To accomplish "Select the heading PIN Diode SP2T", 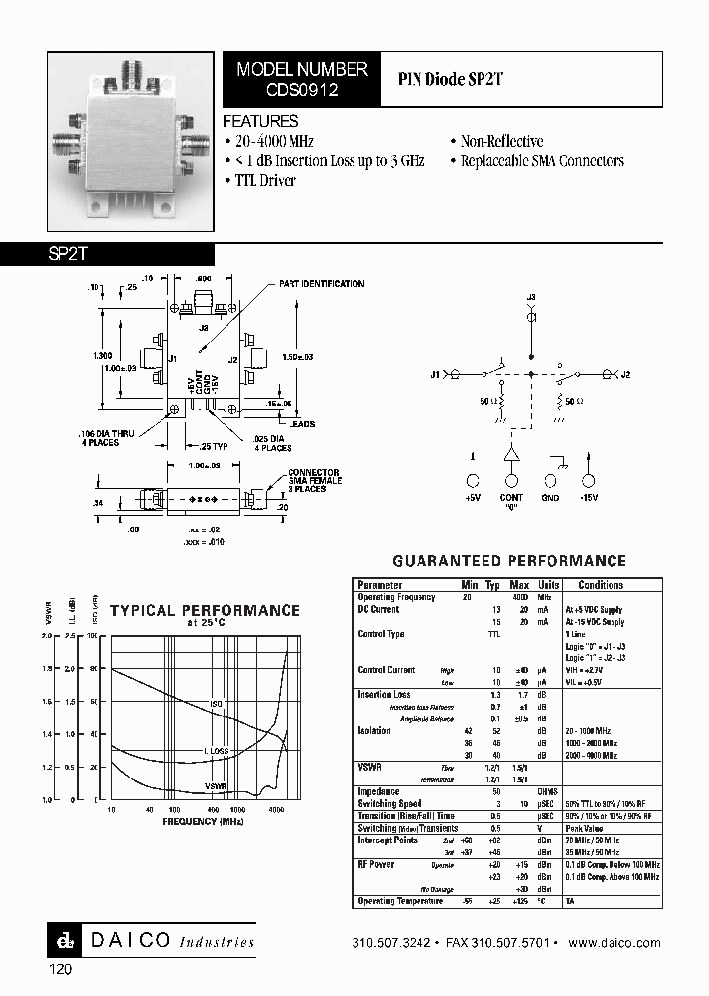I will (451, 79).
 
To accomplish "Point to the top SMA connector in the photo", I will (130, 70).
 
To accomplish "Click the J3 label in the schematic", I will (531, 297).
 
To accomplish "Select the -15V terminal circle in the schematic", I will (589, 481).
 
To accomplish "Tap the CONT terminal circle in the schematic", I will (511, 481).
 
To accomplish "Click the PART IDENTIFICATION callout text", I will (321, 284).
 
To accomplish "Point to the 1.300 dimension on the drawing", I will (103, 354).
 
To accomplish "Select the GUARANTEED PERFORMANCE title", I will (509, 561).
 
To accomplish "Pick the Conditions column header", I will (601, 585).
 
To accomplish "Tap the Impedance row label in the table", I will (378, 791).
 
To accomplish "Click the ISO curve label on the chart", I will (216, 705).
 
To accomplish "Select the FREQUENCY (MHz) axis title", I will (203, 821).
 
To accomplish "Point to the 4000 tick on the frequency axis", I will (277, 810).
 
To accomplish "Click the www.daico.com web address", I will (614, 942).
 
